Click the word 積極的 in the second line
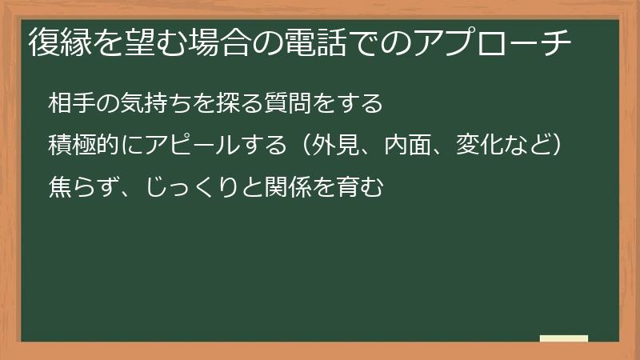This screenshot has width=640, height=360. [80, 146]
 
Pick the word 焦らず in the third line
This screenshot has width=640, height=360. [80, 188]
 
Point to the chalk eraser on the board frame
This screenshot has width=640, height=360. [564, 338]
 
